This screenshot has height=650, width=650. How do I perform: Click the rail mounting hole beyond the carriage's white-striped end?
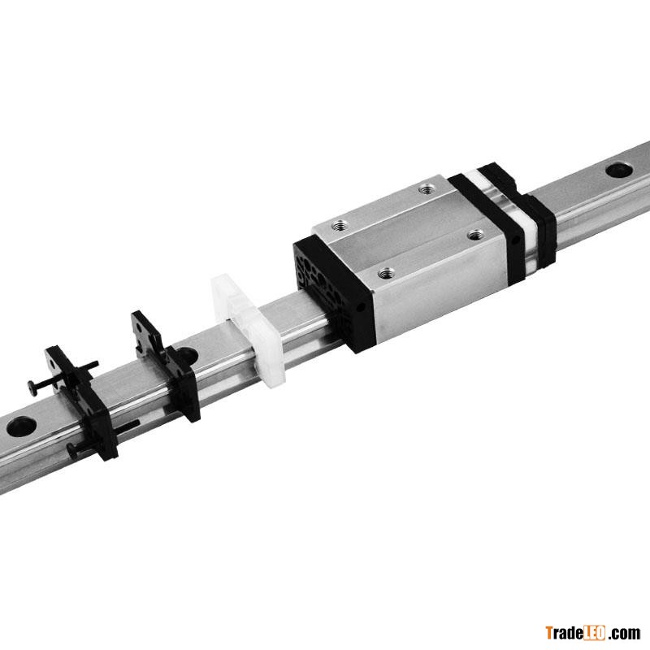[619, 170]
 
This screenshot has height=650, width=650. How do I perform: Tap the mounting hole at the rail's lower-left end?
[21, 427]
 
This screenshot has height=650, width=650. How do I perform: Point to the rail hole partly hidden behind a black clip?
[189, 355]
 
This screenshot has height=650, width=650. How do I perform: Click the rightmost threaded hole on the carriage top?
[475, 235]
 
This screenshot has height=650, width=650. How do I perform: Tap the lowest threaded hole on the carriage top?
[387, 273]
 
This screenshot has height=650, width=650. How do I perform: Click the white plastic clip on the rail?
[248, 331]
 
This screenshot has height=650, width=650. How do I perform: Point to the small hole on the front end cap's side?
[360, 307]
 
